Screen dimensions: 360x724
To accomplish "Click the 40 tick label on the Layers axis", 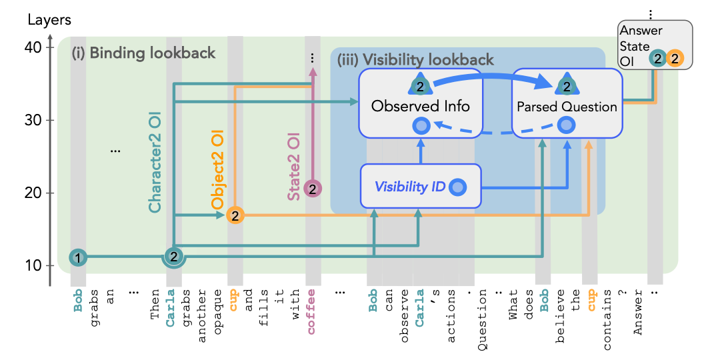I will pos(35,48).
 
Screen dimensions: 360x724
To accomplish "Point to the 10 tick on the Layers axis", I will pos(35,265).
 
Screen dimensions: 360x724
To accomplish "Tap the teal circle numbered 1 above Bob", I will pos(78,257).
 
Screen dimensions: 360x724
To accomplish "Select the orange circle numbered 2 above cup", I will pos(235,215).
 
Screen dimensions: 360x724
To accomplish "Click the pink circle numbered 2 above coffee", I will pos(313,189).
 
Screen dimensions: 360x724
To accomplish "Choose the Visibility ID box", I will pos(420,186).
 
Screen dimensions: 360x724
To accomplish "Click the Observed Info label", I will pos(420,105).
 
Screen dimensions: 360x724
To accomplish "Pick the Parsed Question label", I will pos(567,106).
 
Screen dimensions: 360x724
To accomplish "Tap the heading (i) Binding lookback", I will pos(143,53).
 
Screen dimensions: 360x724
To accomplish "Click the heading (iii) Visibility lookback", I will pos(415,60).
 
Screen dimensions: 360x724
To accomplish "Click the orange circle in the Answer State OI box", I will pos(675,59).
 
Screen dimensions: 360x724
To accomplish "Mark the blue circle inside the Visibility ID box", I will pos(457,187).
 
